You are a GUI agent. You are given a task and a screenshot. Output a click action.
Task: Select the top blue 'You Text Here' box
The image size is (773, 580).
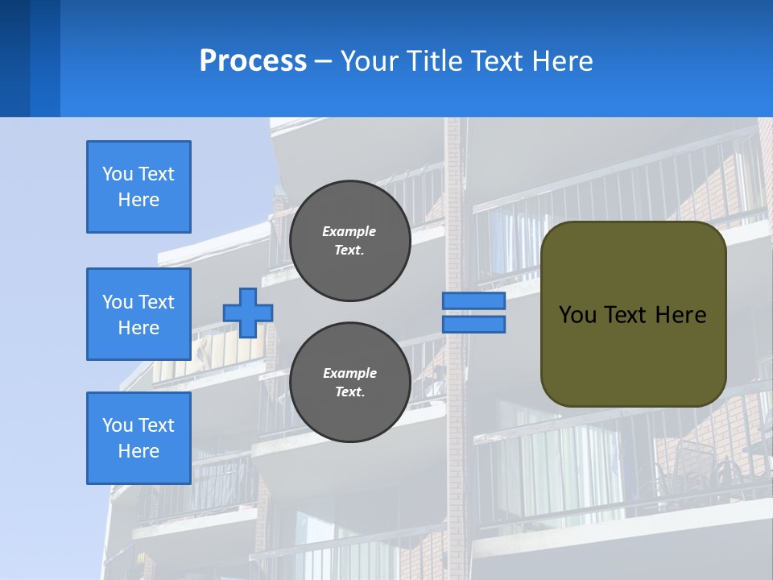(138, 187)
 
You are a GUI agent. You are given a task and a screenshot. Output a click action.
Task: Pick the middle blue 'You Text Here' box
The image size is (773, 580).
(138, 314)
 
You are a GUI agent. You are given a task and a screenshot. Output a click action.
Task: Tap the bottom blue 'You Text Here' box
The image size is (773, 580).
(138, 438)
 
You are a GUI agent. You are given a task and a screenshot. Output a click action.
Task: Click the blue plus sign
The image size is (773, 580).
(248, 312)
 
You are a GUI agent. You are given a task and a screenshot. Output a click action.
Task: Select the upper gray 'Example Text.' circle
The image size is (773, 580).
(349, 241)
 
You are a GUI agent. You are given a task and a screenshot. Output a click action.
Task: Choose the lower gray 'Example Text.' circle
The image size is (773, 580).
(349, 383)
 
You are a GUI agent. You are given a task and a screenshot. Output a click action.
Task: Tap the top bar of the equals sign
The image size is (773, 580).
(473, 301)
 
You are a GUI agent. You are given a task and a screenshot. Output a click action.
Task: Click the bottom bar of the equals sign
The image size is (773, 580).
(473, 325)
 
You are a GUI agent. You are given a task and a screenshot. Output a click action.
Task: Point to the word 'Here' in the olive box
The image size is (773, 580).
(680, 315)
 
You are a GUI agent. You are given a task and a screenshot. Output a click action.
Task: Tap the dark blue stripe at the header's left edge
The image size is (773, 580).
(14, 58)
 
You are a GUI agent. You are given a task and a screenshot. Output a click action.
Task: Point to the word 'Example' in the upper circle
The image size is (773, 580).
(349, 231)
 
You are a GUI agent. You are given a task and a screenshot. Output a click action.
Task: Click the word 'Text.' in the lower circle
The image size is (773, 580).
(349, 392)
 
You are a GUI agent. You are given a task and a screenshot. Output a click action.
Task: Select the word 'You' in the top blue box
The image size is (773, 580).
(118, 174)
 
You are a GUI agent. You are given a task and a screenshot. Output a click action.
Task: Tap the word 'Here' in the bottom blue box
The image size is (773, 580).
(138, 451)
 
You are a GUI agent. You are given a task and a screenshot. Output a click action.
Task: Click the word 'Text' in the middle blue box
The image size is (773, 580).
(156, 302)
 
